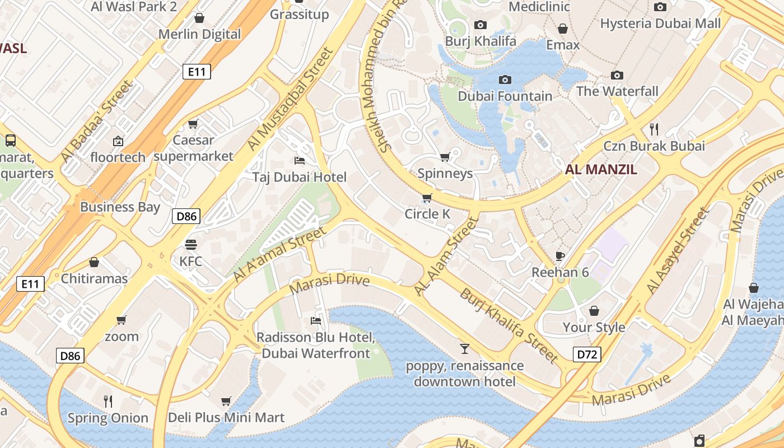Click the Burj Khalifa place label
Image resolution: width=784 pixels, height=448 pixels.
(x=480, y=41)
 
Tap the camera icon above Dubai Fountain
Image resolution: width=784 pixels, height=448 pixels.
(x=505, y=80)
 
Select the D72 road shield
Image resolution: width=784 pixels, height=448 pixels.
(x=587, y=354)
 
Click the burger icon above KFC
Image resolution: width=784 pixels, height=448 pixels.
(x=191, y=244)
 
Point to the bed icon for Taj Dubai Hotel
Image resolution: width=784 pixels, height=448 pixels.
(x=300, y=161)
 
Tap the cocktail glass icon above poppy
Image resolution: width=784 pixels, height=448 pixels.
(x=464, y=349)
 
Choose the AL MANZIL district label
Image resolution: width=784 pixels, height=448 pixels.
(x=601, y=170)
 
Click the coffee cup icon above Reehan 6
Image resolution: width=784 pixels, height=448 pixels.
(x=559, y=256)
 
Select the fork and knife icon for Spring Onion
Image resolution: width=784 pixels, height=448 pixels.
(x=108, y=401)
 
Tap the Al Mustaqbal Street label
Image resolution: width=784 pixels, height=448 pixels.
(x=290, y=100)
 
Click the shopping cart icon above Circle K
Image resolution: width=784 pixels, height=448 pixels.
(x=427, y=197)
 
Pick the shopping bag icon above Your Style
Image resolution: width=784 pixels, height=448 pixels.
(x=594, y=310)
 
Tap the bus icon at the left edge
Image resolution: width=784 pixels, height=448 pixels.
(x=10, y=140)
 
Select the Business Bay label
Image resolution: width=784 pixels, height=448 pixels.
(x=120, y=207)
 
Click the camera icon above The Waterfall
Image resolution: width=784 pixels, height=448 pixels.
(x=617, y=75)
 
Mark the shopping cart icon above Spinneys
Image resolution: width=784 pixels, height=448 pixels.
(x=445, y=157)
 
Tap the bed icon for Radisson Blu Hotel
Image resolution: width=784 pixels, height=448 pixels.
(x=316, y=321)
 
